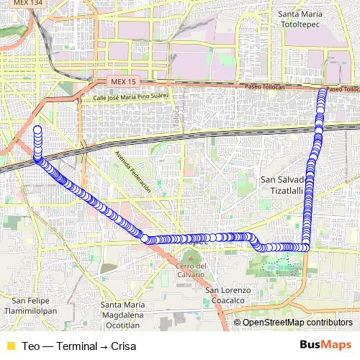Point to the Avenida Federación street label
(x=132, y=174)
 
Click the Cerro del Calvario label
(x=191, y=270)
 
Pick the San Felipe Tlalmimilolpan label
(x=28, y=305)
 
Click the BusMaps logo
(x=326, y=345)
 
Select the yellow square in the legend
(x=10, y=346)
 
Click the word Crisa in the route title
(x=123, y=346)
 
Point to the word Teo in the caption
(x=30, y=346)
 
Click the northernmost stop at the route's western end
(x=37, y=130)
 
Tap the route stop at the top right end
(x=322, y=91)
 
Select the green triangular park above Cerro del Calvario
(x=190, y=256)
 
